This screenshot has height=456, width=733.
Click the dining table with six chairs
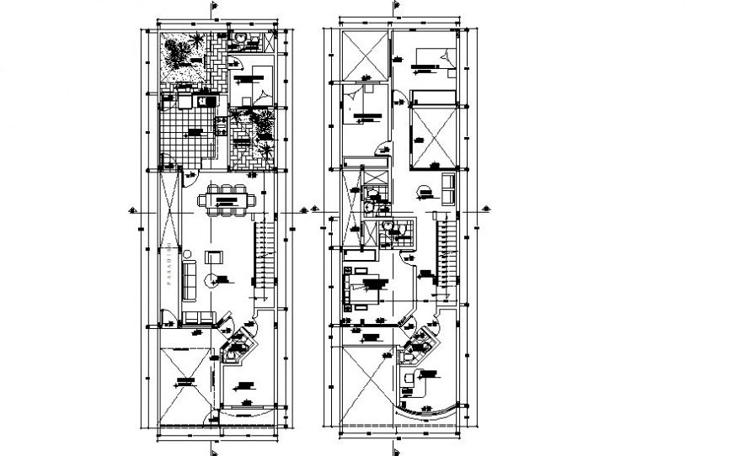(x=224, y=201)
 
